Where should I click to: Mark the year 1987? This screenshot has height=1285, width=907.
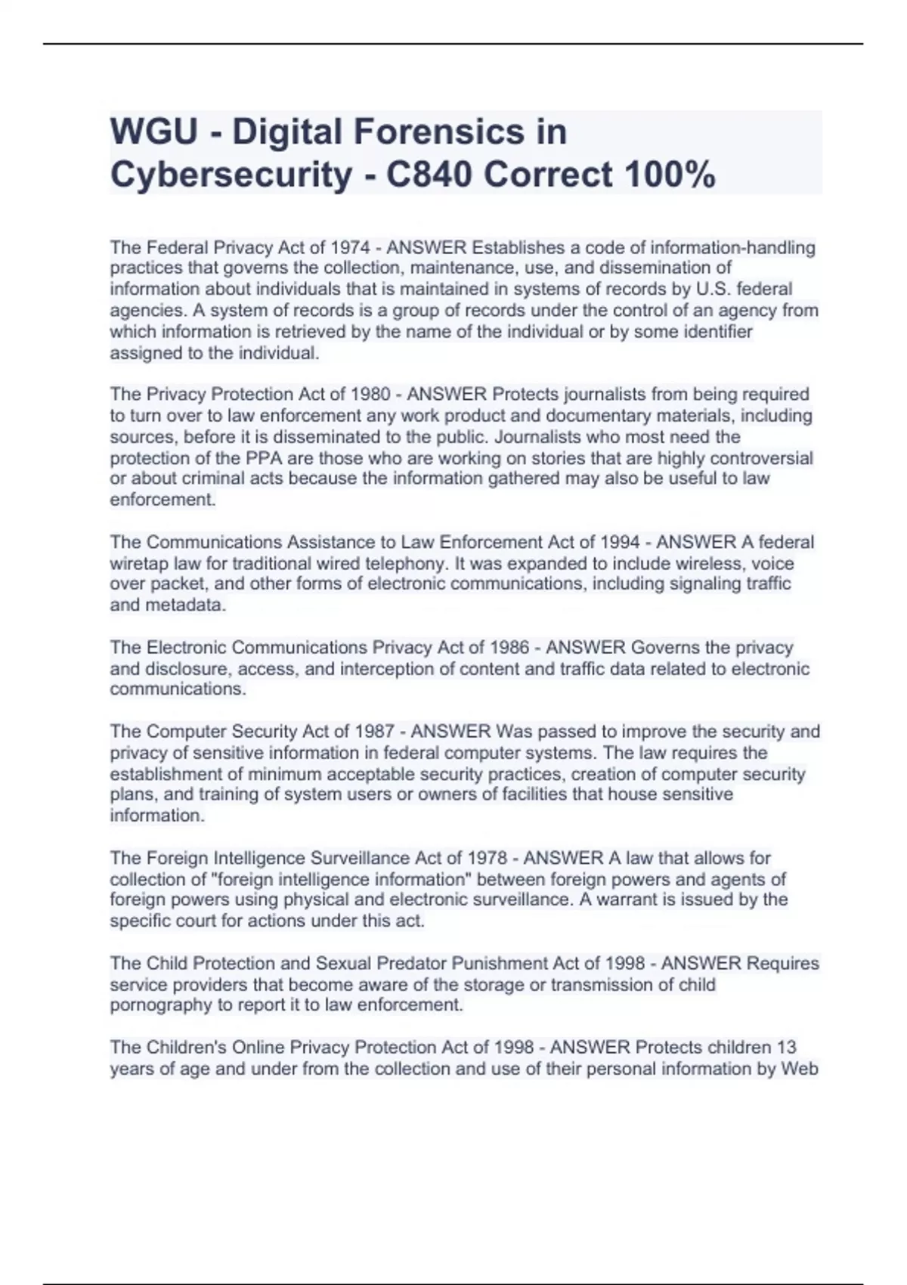pyautogui.click(x=374, y=731)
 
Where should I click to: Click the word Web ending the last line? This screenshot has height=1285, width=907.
pyautogui.click(x=801, y=1068)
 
